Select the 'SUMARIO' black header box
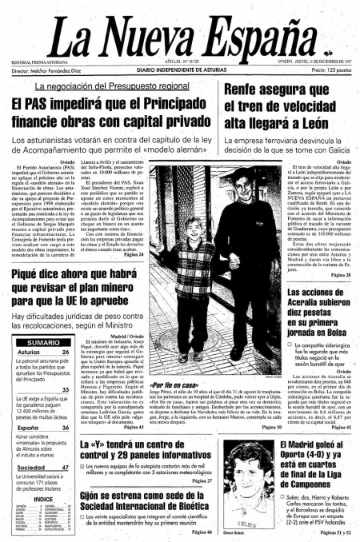point(42,343)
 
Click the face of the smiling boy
point(172,254)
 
